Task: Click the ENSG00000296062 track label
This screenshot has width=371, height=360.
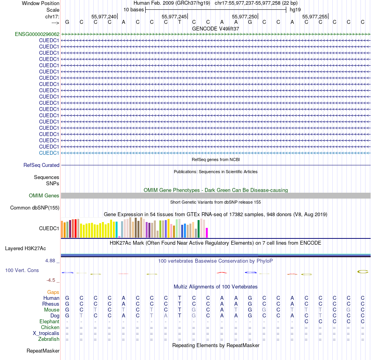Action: pos(37,34)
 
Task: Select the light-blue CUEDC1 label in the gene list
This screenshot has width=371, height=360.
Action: pos(49,153)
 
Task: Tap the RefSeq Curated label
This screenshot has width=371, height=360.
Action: pos(41,165)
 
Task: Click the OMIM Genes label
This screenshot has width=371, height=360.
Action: pos(44,196)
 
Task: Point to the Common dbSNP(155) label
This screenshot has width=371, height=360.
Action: pos(35,208)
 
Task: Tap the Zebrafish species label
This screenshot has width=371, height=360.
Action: pos(49,339)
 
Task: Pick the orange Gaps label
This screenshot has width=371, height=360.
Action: pos(53,292)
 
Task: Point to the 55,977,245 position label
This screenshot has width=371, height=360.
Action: pos(174,17)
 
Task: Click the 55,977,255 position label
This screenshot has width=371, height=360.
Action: pos(315,17)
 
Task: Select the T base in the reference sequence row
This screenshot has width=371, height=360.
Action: pos(180,22)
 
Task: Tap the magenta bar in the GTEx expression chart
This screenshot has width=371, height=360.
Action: pos(207,233)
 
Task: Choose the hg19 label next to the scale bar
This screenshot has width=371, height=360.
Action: pos(295,9)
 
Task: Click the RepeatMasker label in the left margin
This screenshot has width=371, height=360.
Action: pos(43,351)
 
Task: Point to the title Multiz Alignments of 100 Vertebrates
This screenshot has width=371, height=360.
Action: pos(216,287)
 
